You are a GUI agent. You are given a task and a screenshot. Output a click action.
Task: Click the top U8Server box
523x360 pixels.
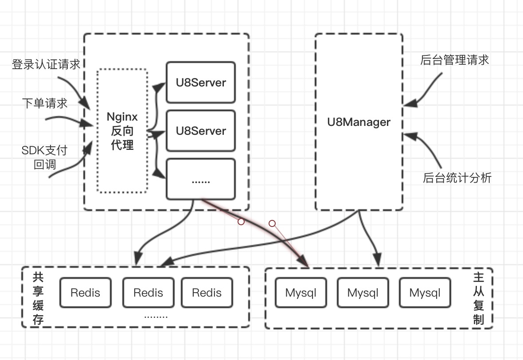[x=200, y=82]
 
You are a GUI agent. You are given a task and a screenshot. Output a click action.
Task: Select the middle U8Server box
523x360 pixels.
[x=200, y=131]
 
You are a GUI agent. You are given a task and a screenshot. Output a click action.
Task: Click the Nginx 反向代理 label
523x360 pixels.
[x=122, y=131]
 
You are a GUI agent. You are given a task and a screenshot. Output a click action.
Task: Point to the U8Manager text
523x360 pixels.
[x=359, y=122]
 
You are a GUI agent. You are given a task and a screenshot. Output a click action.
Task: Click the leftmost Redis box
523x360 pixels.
[x=85, y=293]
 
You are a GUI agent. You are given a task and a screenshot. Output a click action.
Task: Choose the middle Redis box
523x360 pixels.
[x=148, y=293]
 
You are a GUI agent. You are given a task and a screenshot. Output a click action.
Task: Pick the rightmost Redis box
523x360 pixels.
[x=207, y=293]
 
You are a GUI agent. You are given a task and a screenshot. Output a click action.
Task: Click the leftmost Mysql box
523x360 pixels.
[x=301, y=293]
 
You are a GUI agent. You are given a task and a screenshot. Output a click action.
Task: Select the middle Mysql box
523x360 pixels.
[x=363, y=293]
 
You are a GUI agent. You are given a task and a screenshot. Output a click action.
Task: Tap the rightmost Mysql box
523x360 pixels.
[x=425, y=293]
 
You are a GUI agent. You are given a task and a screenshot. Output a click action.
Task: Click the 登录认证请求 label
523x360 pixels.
[x=46, y=65]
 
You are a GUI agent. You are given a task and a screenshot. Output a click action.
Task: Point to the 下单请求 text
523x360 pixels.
[x=45, y=103]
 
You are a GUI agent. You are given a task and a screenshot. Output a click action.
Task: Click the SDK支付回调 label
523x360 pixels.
[x=44, y=157]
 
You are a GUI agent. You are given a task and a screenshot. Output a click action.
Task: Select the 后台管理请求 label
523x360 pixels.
[x=454, y=60]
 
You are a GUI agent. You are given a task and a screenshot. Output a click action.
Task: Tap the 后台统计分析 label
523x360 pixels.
[x=457, y=178]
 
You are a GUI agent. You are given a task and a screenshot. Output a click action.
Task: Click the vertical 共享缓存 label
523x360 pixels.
[x=38, y=298]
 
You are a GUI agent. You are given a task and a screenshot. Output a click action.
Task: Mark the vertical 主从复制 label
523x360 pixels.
[x=478, y=298]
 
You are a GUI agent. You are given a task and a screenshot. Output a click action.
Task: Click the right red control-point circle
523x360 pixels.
[x=272, y=223]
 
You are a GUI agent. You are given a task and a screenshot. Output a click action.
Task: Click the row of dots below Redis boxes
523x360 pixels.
[x=156, y=317]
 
